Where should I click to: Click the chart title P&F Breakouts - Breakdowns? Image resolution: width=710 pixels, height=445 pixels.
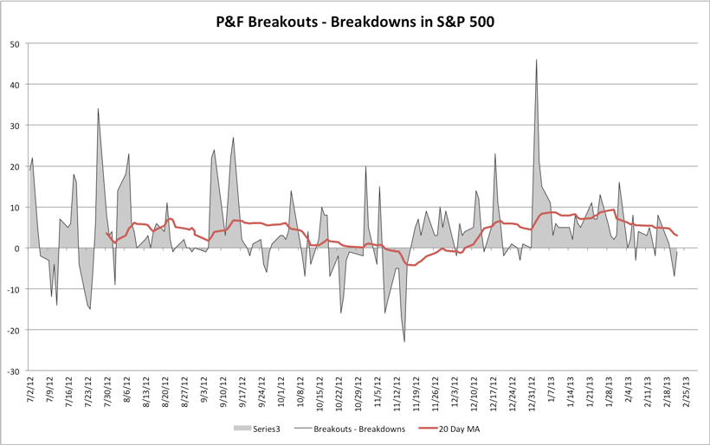point(355,22)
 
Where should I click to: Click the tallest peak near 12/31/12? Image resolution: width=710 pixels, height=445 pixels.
point(537,60)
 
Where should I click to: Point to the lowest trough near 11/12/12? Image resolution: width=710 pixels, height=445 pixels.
point(404,342)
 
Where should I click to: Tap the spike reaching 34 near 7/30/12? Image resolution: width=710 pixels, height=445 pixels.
point(98,109)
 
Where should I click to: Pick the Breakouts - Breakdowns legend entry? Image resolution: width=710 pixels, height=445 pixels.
point(349,427)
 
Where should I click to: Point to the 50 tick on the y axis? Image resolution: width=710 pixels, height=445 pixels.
point(16,43)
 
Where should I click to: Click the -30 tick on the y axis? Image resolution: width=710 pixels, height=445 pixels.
point(15,371)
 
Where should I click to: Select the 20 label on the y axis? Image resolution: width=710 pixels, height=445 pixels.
point(16,166)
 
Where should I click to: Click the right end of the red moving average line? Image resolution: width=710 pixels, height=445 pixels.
point(677,235)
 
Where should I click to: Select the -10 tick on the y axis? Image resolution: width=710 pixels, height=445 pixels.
point(15,289)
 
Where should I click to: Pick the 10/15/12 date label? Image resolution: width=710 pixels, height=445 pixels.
point(319,396)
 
